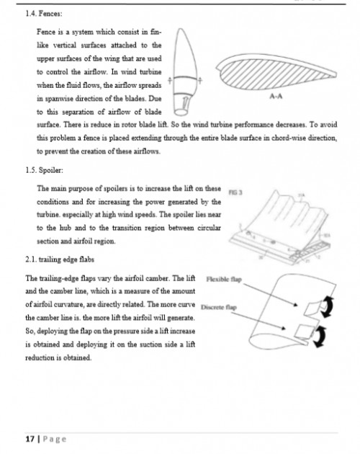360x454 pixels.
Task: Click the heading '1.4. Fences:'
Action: tap(44, 14)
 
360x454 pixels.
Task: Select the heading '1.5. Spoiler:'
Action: tap(44, 170)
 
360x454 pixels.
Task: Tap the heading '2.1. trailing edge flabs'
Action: tap(60, 259)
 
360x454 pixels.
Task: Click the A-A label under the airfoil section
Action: tap(276, 97)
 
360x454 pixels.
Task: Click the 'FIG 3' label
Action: tap(235, 192)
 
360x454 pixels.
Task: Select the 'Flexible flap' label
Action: tap(224, 280)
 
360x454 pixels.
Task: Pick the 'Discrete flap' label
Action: tap(219, 307)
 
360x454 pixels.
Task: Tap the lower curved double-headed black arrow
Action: tap(321, 337)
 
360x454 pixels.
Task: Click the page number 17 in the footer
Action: tap(30, 440)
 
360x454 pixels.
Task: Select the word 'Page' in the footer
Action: tap(55, 440)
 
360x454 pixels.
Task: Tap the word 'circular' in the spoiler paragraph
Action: tap(210, 228)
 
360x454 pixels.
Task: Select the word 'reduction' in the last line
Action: tap(40, 358)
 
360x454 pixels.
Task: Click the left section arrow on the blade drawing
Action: tap(170, 80)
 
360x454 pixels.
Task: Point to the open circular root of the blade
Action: tap(181, 112)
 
